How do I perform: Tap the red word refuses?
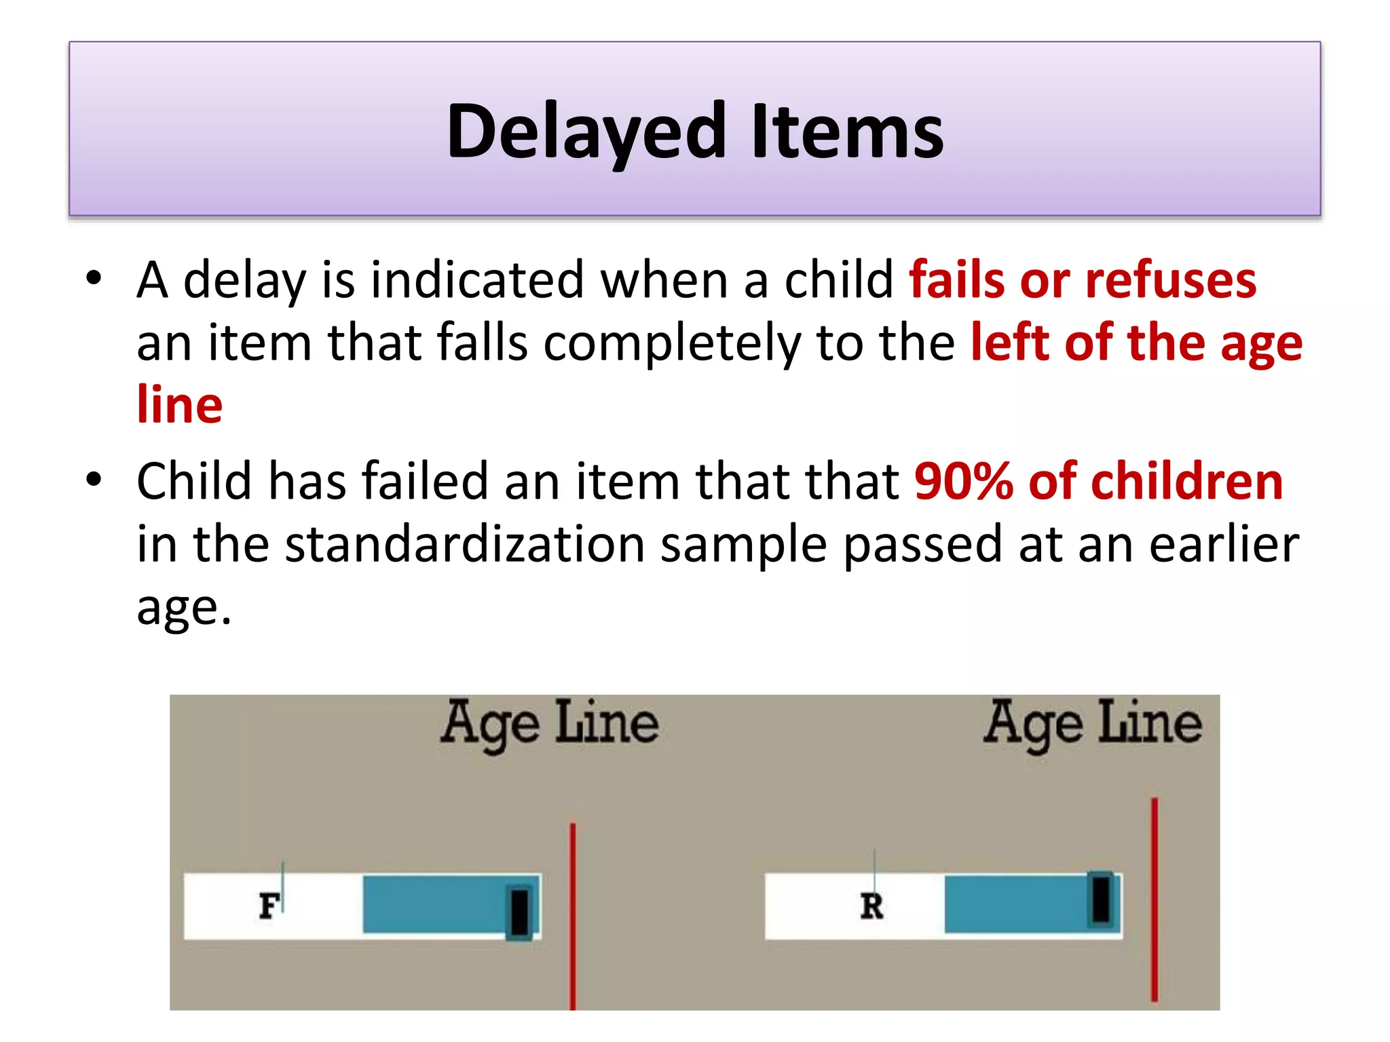1171,280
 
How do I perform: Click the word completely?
672,343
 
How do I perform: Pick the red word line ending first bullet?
180,405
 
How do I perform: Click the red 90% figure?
964,482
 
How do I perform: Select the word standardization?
465,545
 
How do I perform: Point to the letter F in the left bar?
269,906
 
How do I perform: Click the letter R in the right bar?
871,906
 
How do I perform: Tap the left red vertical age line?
573,916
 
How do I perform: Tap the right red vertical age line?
1154,899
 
